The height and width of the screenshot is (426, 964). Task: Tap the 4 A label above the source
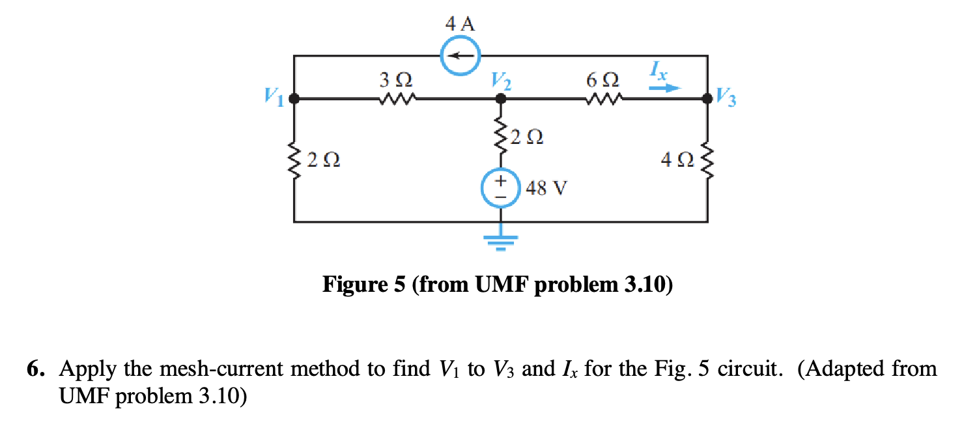pos(460,25)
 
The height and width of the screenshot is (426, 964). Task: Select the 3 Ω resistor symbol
pos(395,100)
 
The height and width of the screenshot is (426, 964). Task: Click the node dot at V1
pos(294,100)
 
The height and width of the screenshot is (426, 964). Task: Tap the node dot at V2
pos(500,100)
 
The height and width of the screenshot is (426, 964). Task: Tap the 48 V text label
pos(545,190)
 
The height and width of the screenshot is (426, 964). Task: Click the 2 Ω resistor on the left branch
pos(294,160)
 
